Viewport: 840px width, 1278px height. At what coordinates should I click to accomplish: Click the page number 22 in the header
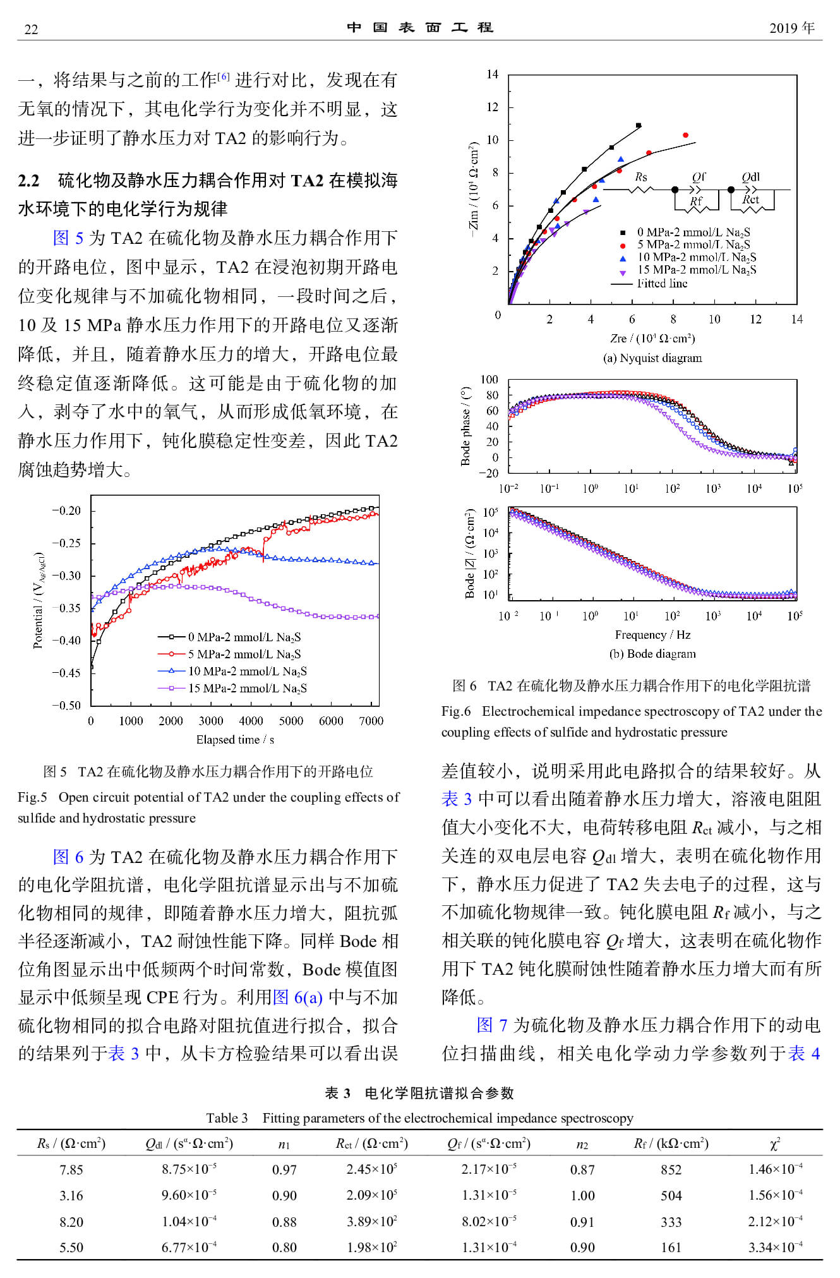tap(31, 29)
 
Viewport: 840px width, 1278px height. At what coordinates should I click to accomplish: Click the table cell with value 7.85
tap(71, 1169)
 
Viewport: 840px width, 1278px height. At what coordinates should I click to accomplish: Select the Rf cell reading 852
tap(671, 1169)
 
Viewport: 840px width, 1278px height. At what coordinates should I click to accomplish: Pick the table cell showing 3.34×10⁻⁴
tap(775, 1247)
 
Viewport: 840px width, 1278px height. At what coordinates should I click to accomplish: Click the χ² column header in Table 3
tap(775, 1143)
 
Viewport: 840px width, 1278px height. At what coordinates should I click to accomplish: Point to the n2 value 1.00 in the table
tap(582, 1195)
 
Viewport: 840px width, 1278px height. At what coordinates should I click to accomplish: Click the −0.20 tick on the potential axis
tap(66, 510)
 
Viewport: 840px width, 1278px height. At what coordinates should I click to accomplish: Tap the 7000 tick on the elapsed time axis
tap(371, 721)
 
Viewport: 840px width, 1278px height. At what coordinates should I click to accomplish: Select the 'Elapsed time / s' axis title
tap(235, 739)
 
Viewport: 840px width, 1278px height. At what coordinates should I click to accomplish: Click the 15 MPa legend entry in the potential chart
tap(247, 688)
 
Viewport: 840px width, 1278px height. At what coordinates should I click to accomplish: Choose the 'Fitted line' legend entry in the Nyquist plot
tap(662, 283)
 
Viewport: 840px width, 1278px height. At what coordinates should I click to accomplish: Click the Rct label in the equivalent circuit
tap(750, 200)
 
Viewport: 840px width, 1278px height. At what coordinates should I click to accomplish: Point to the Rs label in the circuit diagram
tap(640, 177)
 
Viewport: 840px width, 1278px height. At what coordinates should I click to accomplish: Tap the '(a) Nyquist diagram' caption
tap(652, 358)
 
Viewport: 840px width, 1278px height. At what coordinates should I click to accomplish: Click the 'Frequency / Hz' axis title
tap(652, 634)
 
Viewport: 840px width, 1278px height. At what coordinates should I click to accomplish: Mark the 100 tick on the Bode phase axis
tap(489, 380)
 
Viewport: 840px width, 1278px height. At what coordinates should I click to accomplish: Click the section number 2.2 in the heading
tap(28, 181)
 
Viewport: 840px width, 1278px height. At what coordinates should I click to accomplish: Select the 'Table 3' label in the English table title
tap(227, 1118)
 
